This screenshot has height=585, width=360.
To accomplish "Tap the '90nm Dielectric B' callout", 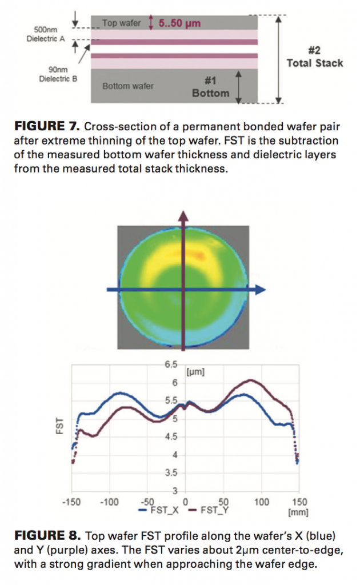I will pyautogui.click(x=58, y=75).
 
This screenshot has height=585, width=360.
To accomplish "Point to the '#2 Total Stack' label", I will pyautogui.click(x=314, y=57).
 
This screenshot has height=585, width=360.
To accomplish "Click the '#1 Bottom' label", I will pyautogui.click(x=210, y=87).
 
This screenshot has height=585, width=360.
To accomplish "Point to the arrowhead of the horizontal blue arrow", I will pyautogui.click(x=261, y=290).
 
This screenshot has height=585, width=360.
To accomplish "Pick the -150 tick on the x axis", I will pyautogui.click(x=71, y=502).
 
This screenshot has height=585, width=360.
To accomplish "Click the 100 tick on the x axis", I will pyautogui.click(x=261, y=502).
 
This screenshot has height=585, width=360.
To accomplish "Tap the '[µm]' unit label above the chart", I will pyautogui.click(x=195, y=372).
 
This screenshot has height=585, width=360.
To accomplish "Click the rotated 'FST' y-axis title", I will pyautogui.click(x=59, y=428).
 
